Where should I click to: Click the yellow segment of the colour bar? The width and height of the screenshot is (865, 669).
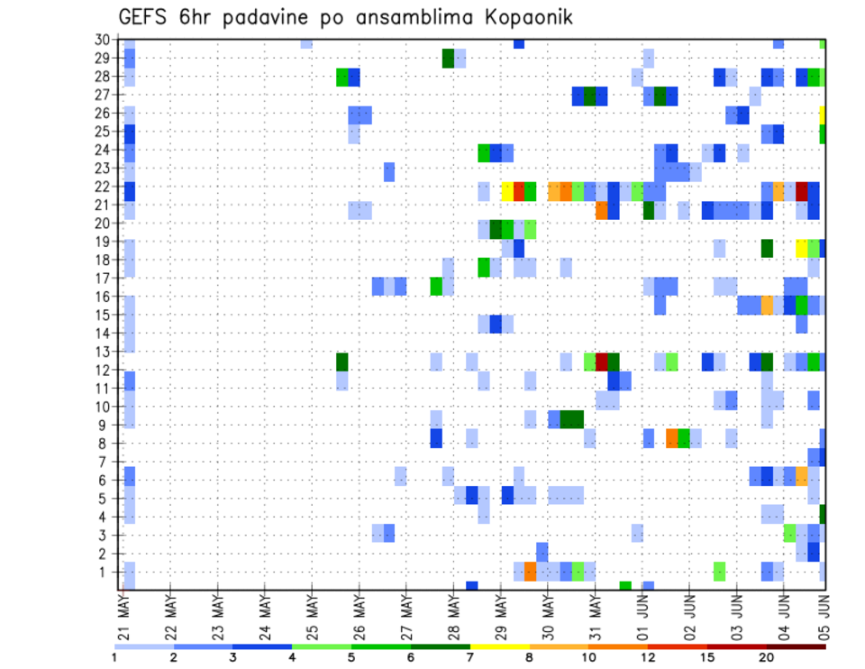(499, 646)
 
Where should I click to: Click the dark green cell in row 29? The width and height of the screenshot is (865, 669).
(448, 59)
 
